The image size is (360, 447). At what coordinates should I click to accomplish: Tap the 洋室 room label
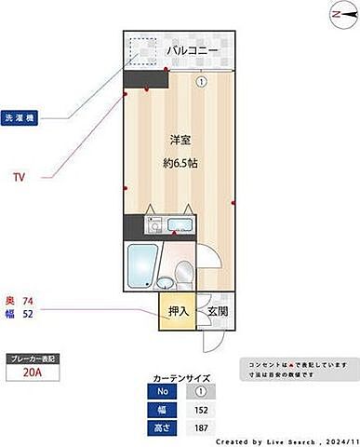[x=180, y=140]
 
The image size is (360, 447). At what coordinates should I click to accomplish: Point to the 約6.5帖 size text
[x=180, y=163]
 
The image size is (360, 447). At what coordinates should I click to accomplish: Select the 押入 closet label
[x=177, y=312]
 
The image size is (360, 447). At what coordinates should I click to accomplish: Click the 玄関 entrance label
[x=217, y=312]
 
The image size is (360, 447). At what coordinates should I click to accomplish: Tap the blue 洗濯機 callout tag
[x=20, y=119]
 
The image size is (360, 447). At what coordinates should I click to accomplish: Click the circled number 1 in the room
[x=199, y=81]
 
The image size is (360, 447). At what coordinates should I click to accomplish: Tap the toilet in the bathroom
[x=184, y=272]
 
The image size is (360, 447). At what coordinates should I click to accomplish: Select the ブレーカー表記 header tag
[x=33, y=358]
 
